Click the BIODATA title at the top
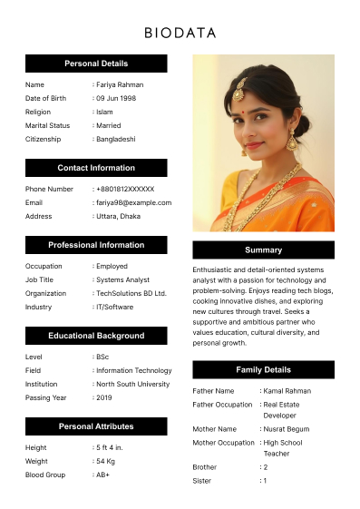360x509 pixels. [180, 34]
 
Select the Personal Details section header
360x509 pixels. [96, 64]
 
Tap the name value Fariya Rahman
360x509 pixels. [120, 84]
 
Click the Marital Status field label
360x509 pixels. [47, 125]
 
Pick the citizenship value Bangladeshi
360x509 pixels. [116, 139]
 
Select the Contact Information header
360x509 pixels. [96, 168]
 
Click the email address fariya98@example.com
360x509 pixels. [133, 202]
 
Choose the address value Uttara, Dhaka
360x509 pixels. [118, 216]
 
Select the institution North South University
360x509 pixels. [132, 384]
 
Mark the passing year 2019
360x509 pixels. [104, 397]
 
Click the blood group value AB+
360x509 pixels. [102, 475]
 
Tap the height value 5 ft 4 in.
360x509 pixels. [110, 447]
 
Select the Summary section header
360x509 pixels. [263, 250]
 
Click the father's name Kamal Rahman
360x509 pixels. [287, 390]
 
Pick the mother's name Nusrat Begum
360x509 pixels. [287, 428]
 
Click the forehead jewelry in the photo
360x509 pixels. [240, 92]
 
